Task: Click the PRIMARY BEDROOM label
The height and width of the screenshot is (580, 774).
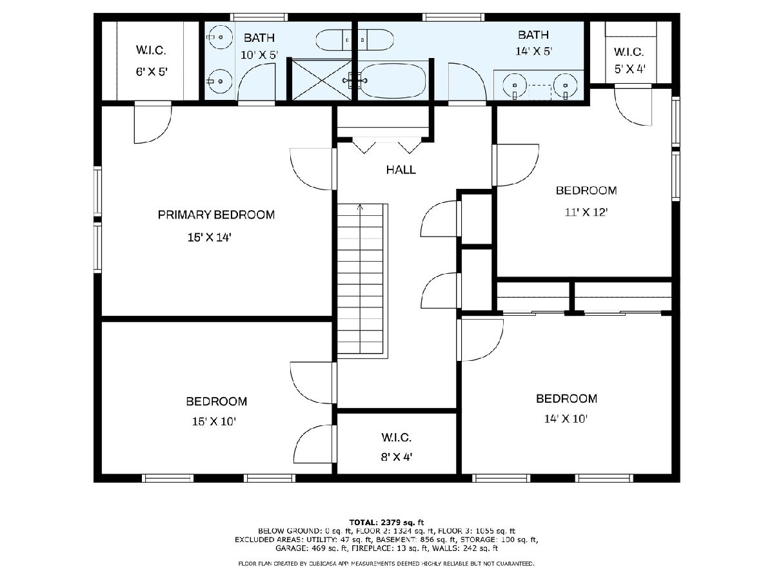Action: [216, 215]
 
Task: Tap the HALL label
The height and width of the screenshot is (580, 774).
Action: [401, 169]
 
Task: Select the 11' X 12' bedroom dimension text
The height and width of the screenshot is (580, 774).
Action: [586, 213]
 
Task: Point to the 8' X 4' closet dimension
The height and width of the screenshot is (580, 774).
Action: [397, 457]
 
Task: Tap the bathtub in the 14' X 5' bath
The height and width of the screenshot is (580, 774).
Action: [395, 81]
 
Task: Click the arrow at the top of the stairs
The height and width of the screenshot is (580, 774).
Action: [360, 208]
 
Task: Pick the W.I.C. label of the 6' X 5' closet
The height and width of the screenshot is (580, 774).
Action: [151, 50]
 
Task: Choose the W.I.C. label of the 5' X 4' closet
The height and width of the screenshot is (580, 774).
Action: [629, 52]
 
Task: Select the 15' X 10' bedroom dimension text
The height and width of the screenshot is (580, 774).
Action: [213, 421]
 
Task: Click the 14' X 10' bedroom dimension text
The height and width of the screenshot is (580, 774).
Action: [566, 419]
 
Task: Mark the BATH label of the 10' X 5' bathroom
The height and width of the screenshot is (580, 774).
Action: [259, 37]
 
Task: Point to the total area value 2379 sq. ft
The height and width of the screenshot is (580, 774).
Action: [400, 523]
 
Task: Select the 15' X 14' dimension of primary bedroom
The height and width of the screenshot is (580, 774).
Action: [209, 238]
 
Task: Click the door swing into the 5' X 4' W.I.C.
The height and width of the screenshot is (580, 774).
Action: [633, 106]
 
